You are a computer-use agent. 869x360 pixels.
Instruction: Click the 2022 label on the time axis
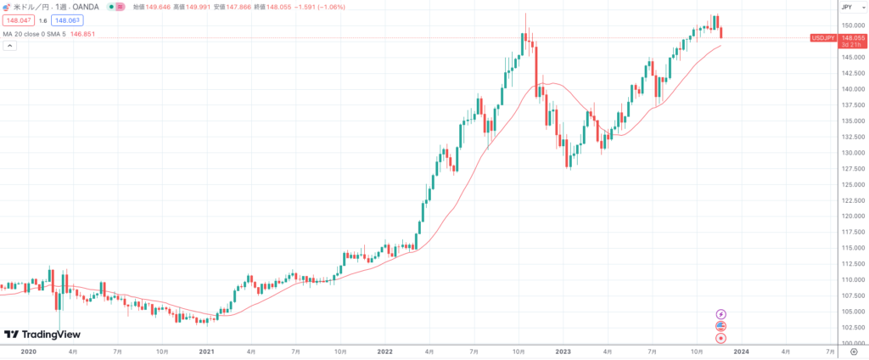pos(384,351)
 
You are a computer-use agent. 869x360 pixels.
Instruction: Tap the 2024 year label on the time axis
pos(741,351)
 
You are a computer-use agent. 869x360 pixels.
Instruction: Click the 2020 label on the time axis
pos(28,351)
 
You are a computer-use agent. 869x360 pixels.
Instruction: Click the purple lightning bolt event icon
pos(721,314)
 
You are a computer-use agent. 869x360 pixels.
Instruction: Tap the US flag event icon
pos(721,326)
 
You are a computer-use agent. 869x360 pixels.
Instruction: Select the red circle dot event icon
pos(721,338)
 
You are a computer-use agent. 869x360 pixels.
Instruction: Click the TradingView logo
pos(42,335)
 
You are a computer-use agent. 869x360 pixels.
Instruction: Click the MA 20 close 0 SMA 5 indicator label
pos(33,34)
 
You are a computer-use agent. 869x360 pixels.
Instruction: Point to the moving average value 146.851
pos(82,34)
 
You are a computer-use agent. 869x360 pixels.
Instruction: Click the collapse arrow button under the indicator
pos(9,46)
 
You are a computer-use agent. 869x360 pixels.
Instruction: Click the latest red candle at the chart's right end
pos(721,33)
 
